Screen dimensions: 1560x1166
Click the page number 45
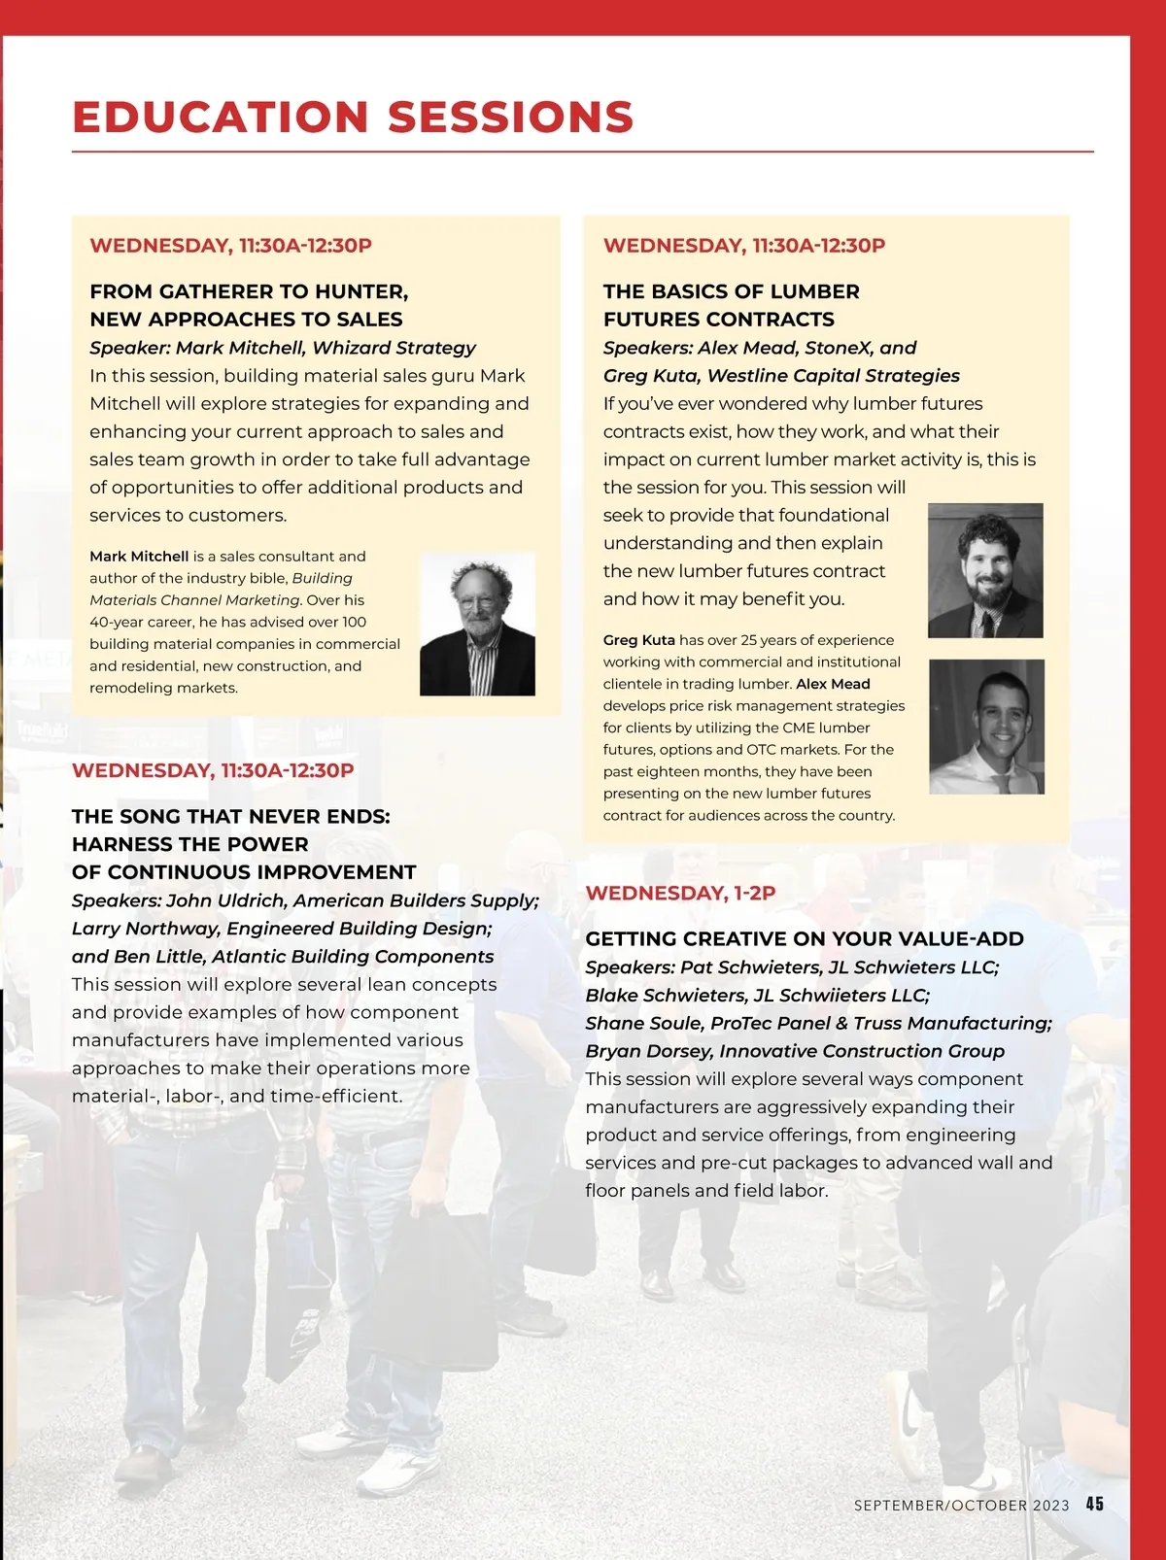(1095, 1504)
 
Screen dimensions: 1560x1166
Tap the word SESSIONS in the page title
(510, 118)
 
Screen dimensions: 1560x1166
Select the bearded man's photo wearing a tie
(985, 570)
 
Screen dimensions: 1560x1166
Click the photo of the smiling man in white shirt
(986, 727)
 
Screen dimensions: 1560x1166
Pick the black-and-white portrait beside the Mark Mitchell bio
(477, 624)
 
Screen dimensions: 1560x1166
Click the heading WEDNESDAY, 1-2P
(680, 893)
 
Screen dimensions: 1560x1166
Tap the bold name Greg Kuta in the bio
(638, 640)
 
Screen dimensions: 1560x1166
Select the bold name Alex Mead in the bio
(833, 684)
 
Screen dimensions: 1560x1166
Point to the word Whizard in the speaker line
(351, 348)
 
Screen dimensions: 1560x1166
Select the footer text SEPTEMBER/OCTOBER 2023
(961, 1506)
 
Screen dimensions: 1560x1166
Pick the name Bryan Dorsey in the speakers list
(648, 1051)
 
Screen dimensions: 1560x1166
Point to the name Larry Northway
(145, 929)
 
